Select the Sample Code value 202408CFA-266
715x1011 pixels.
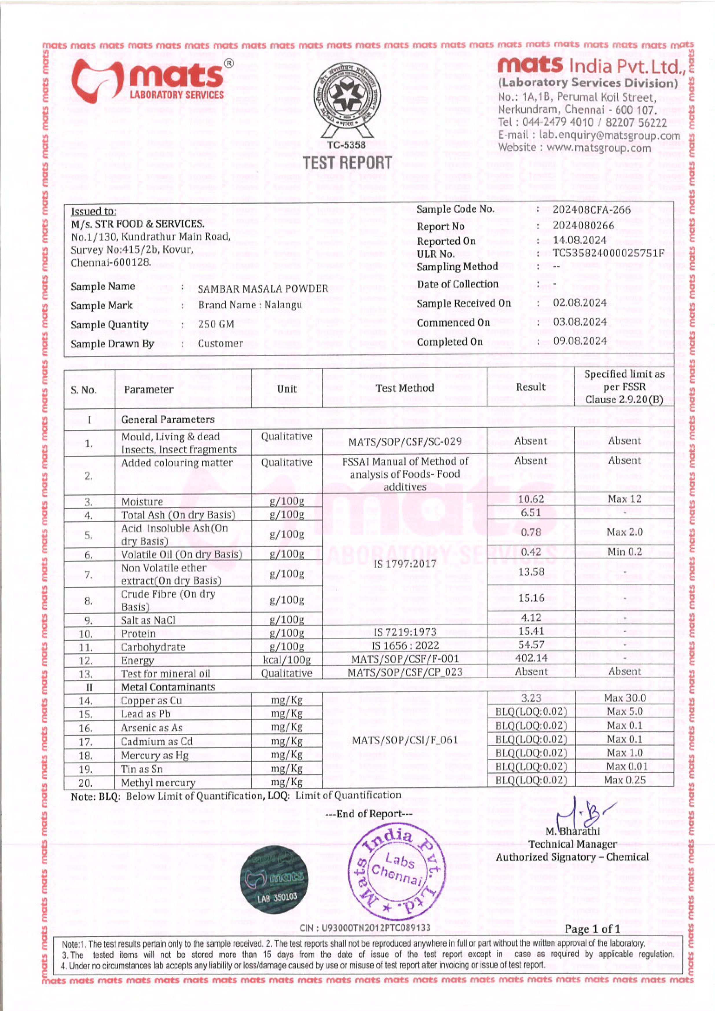[591, 210]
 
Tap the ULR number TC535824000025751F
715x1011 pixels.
[608, 253]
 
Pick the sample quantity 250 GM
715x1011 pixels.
[216, 325]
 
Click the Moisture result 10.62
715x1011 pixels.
[531, 499]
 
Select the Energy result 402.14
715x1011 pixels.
[531, 658]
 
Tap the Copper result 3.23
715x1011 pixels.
[531, 698]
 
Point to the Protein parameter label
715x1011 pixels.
[138, 634]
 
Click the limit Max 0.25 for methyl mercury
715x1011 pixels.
[624, 780]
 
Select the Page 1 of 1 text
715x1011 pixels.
[592, 929]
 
